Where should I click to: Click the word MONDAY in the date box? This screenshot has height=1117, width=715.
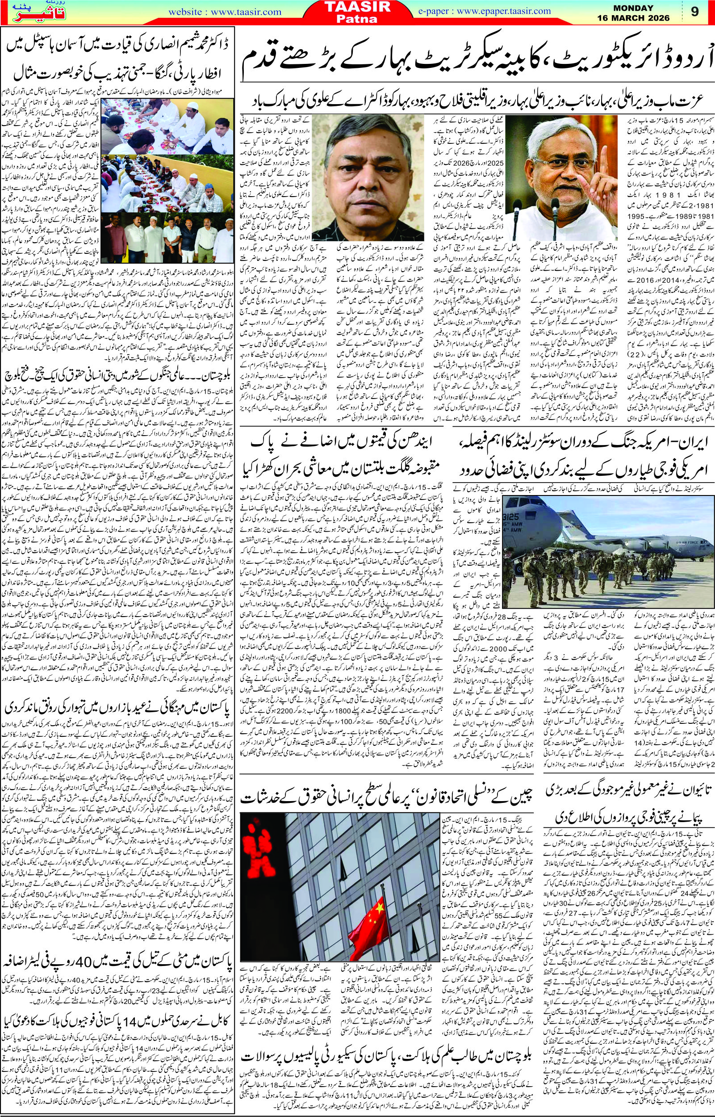tap(648, 8)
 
